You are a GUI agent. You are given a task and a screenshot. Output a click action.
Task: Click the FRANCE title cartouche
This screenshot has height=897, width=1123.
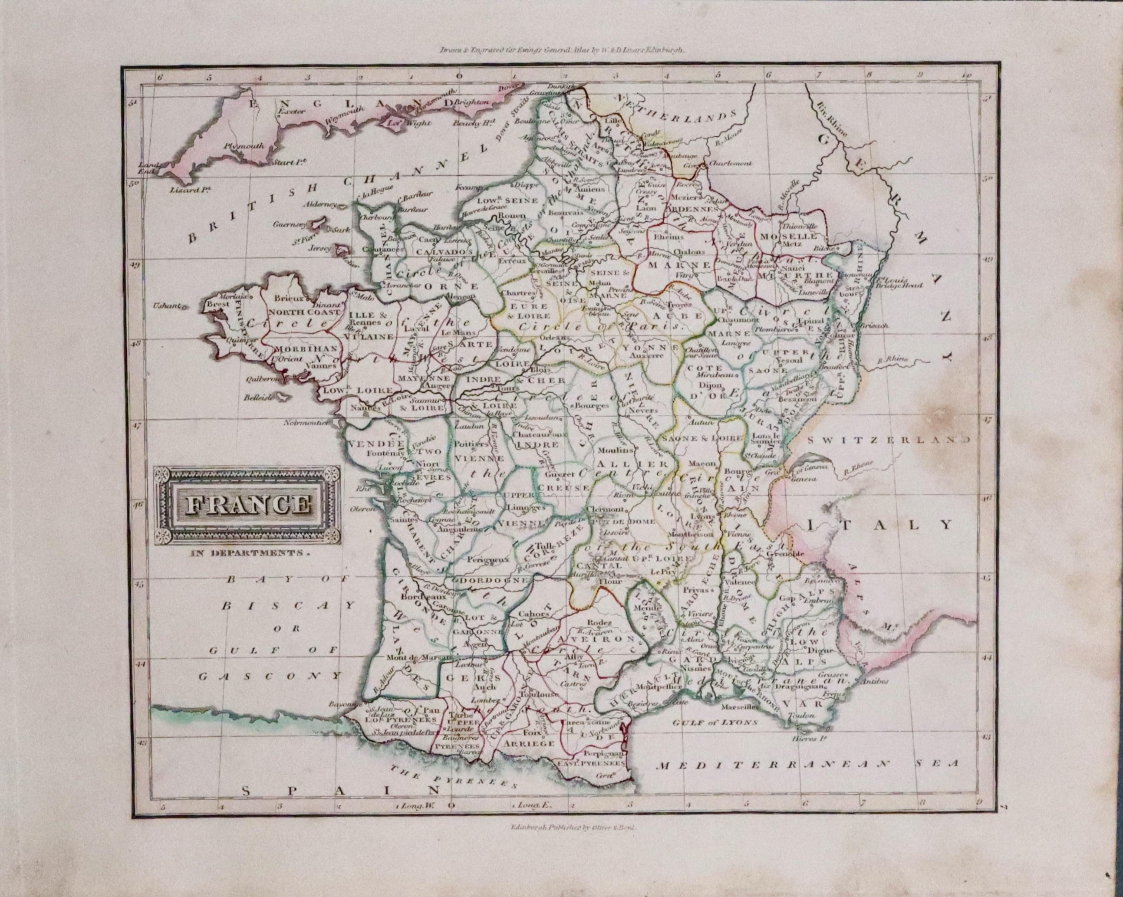247,505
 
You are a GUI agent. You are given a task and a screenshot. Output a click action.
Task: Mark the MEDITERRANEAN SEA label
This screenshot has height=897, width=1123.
807,765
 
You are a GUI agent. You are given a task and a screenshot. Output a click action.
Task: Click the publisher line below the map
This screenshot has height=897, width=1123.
571,841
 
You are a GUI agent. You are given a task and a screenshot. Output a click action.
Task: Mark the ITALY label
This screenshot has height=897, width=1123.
879,525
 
